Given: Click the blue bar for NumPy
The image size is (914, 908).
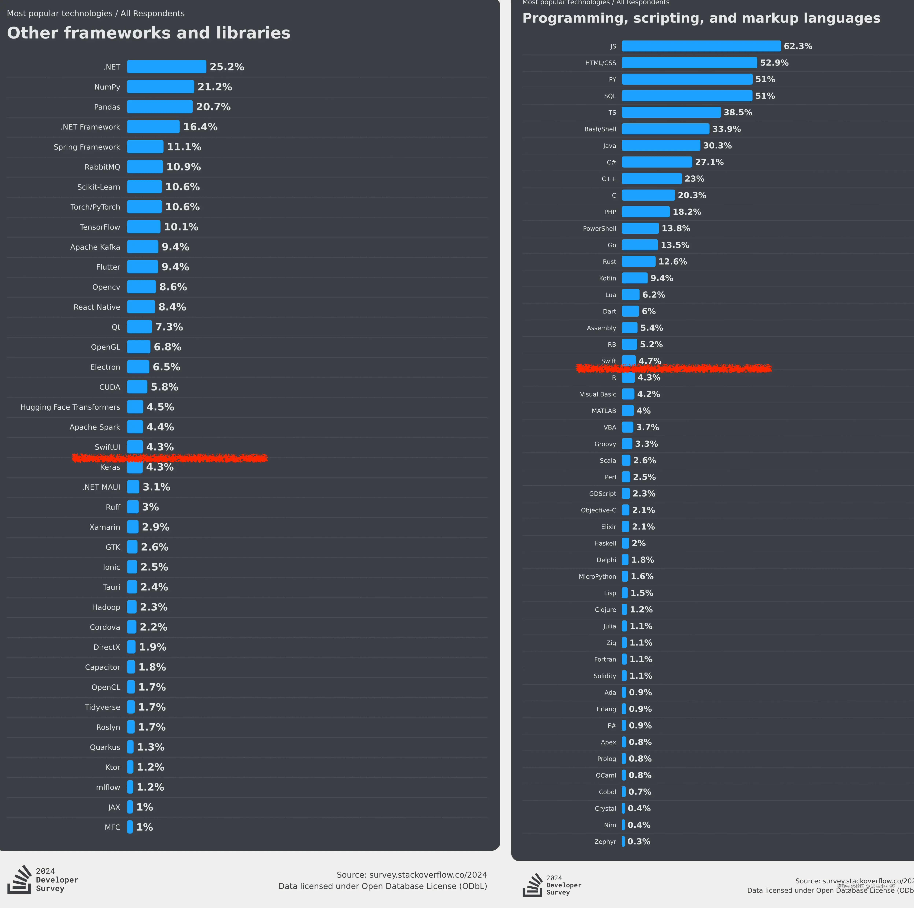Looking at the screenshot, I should (x=160, y=87).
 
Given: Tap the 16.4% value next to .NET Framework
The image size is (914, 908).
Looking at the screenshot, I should (x=200, y=127).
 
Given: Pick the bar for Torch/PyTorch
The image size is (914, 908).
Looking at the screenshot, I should (x=144, y=207).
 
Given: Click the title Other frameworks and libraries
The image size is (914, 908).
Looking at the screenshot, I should (x=149, y=33).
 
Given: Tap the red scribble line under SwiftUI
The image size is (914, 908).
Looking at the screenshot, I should (x=169, y=458).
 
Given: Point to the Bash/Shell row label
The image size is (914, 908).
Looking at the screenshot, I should (x=600, y=129).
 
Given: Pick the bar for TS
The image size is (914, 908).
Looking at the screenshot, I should (x=671, y=113).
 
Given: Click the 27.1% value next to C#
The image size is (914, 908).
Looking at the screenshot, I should (x=709, y=162).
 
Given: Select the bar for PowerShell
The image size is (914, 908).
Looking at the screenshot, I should (x=640, y=228).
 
